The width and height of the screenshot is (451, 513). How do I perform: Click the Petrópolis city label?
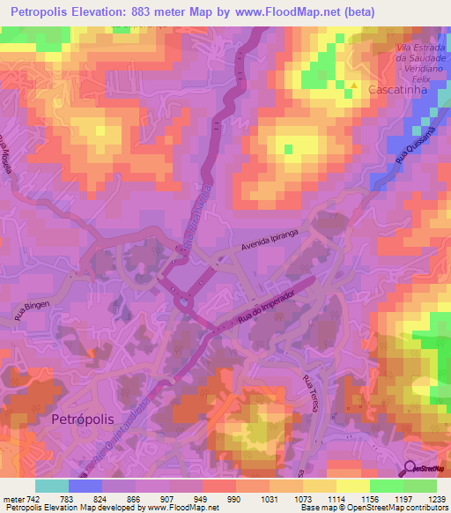[85, 418]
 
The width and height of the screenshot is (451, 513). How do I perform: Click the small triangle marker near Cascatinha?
[354, 85]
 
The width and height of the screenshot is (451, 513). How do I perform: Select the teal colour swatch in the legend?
[52, 486]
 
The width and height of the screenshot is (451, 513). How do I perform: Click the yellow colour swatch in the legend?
[352, 486]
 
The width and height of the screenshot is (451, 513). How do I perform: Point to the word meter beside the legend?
[11, 499]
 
